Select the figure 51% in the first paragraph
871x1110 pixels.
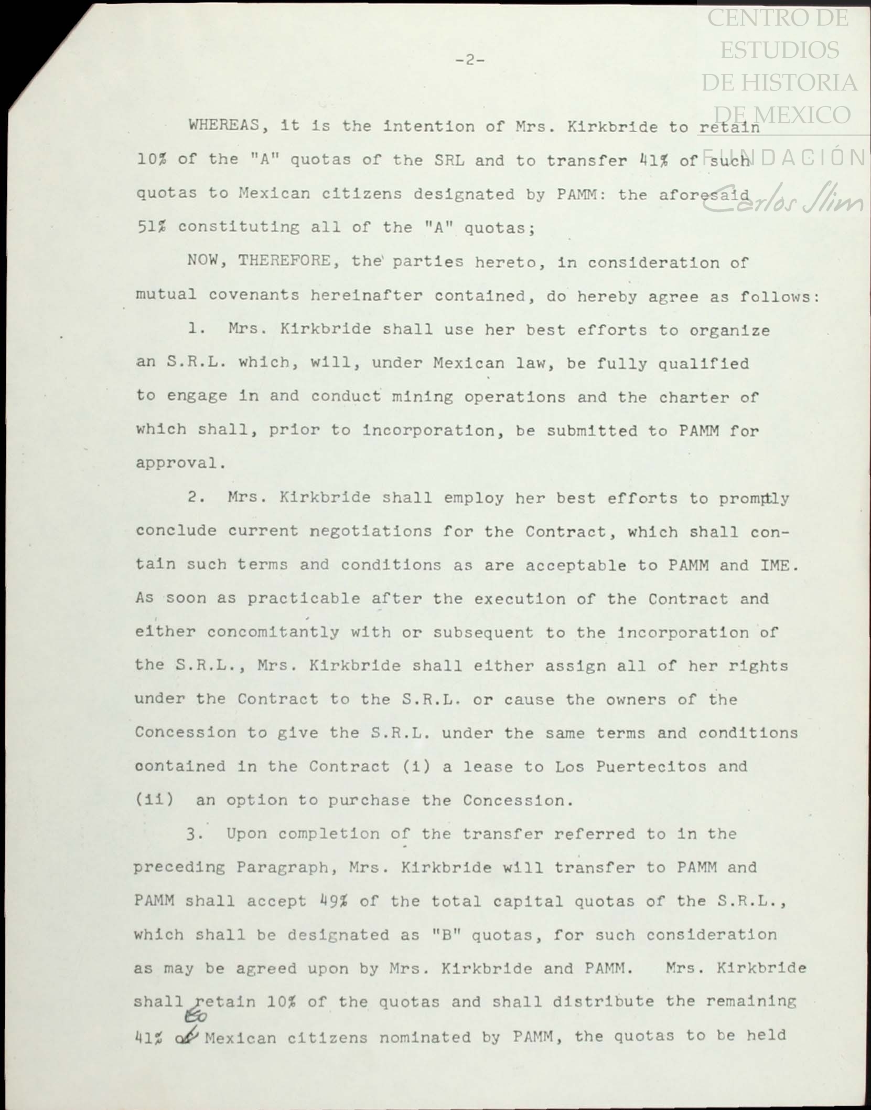pyautogui.click(x=152, y=227)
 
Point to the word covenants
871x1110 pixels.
pyautogui.click(x=253, y=295)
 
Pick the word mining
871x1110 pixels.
pyautogui.click(x=422, y=396)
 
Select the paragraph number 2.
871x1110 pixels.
pyautogui.click(x=196, y=497)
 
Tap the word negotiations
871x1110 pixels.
pyautogui.click(x=371, y=531)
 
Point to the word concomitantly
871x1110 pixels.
pyautogui.click(x=273, y=632)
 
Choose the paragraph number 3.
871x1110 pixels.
pyautogui.click(x=194, y=834)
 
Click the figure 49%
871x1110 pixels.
pyautogui.click(x=334, y=901)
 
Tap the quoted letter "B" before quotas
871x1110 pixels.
pyautogui.click(x=447, y=935)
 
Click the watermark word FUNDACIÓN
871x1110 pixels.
pyautogui.click(x=784, y=158)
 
